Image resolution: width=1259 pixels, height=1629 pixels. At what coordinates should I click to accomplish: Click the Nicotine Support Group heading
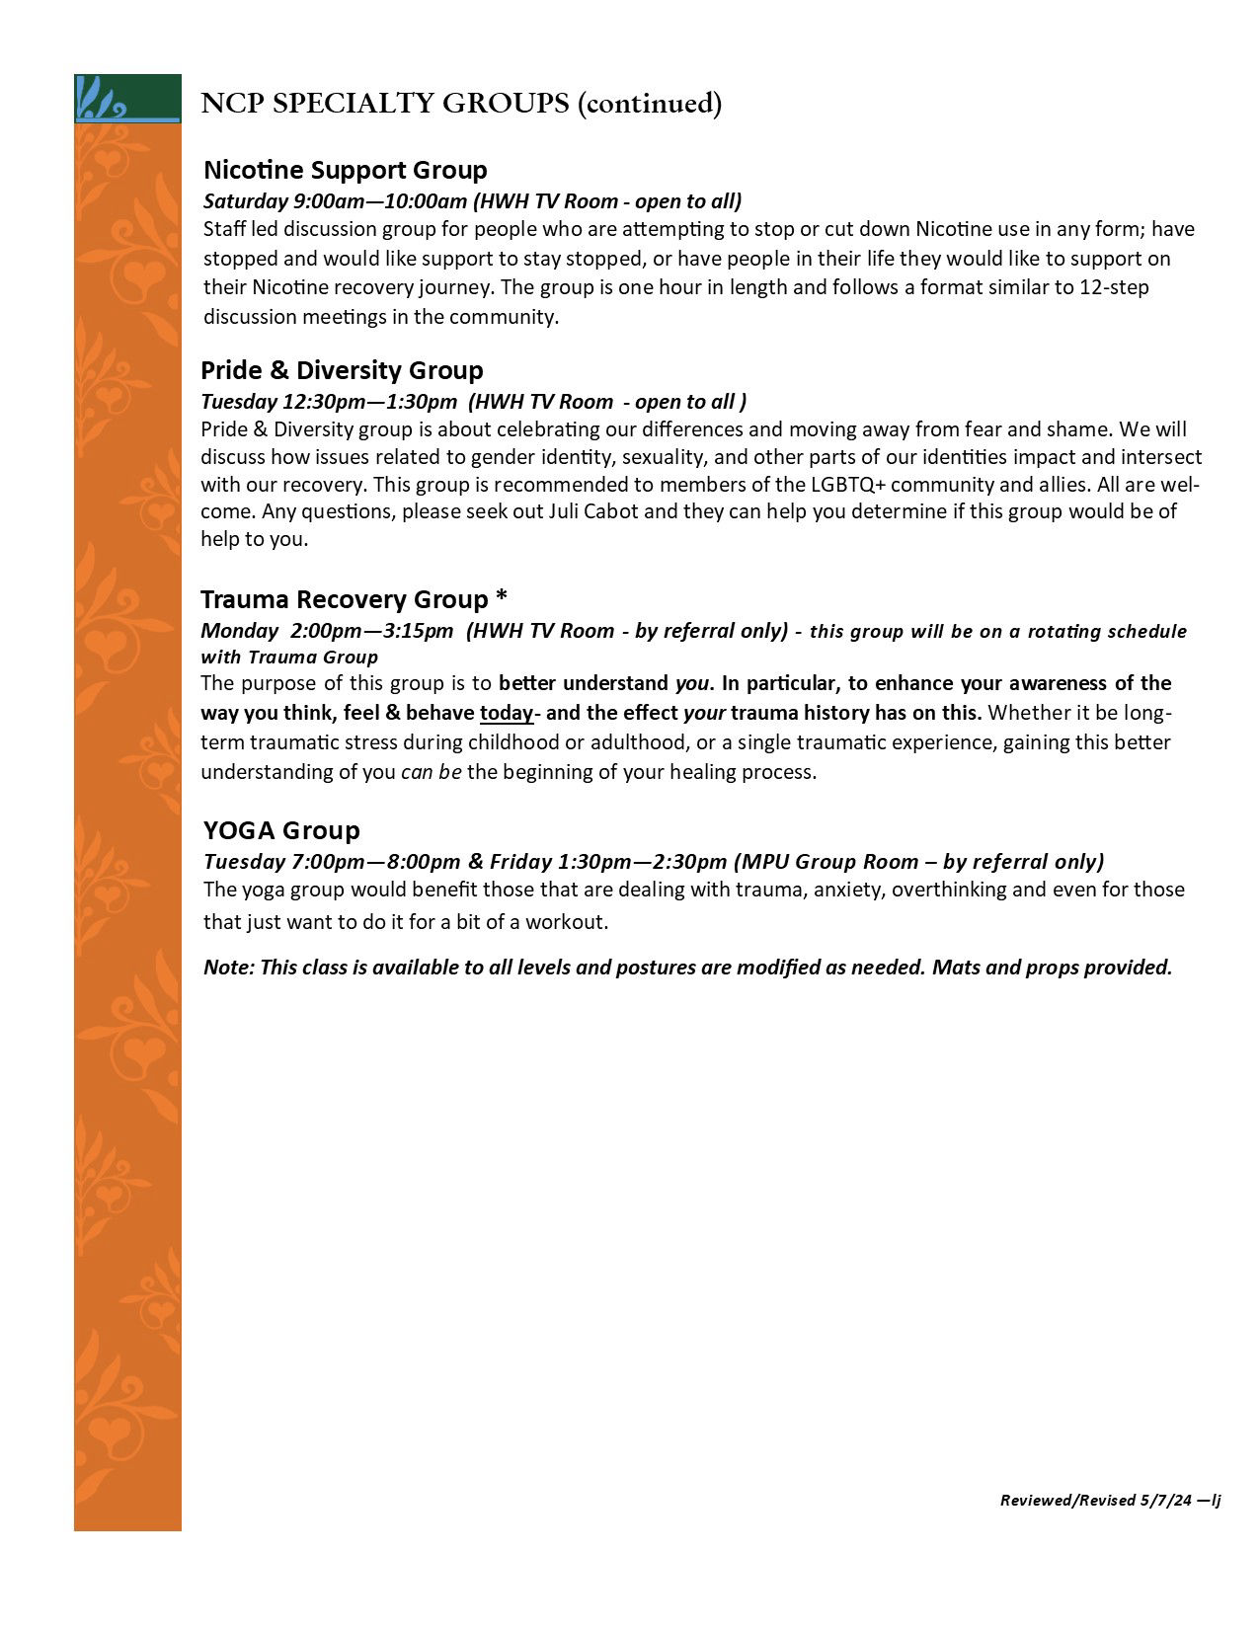[345, 170]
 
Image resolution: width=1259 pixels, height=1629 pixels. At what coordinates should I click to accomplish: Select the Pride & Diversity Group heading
[342, 370]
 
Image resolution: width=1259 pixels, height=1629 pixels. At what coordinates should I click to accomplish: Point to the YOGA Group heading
[281, 829]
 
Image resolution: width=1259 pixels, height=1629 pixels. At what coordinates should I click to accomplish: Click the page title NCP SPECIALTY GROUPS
[385, 104]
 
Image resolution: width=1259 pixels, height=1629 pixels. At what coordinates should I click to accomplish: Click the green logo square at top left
[127, 98]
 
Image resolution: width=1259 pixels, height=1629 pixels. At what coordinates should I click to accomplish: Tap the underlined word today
[506, 713]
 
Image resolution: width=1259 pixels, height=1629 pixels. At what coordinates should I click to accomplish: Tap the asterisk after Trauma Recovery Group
[502, 598]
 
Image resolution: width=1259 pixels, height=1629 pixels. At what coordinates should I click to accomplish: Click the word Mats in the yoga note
[955, 967]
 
